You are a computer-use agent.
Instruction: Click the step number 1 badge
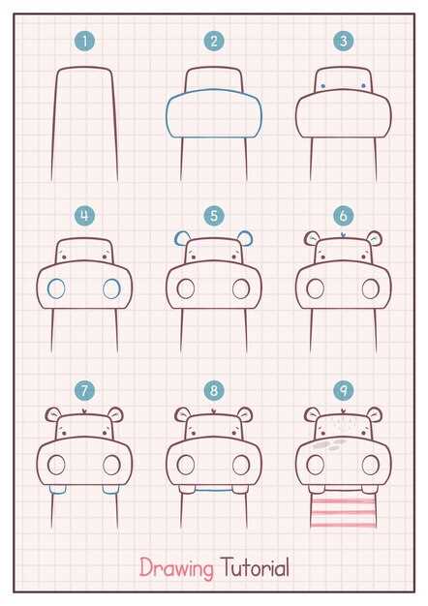point(84,42)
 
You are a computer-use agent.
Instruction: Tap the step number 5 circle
point(214,216)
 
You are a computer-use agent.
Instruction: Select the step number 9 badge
point(344,390)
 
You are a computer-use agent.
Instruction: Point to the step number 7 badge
point(84,390)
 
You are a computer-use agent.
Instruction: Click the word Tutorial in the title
point(256,567)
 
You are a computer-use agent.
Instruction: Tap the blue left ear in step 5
point(182,239)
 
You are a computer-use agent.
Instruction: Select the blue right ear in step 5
point(245,239)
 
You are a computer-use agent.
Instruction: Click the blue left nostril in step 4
point(56,288)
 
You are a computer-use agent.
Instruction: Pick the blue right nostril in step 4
point(111,288)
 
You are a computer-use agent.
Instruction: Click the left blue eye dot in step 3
point(323,86)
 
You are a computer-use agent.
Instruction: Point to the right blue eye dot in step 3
point(363,86)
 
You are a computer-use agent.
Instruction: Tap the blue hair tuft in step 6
point(344,234)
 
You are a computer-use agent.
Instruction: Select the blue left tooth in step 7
point(57,490)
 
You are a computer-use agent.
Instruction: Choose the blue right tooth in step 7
point(110,490)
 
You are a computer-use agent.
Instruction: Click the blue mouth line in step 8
point(214,491)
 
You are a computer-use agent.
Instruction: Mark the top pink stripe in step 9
point(343,501)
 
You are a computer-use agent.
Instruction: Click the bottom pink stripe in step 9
point(343,525)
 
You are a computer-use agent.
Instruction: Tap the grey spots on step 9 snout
point(330,445)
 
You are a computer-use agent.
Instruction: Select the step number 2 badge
point(214,42)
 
